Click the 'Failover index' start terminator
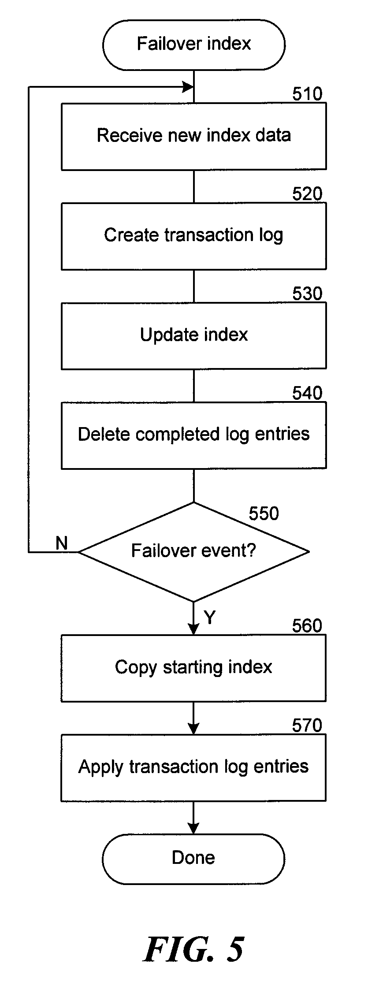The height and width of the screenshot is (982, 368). point(194,45)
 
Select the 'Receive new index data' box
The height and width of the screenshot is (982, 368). point(194,136)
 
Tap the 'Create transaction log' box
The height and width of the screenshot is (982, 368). point(194,236)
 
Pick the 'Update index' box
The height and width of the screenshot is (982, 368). point(194,335)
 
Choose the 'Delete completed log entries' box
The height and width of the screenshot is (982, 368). point(194,435)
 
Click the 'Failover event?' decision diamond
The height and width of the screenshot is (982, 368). point(194,551)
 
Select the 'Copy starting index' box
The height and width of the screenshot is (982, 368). point(194,668)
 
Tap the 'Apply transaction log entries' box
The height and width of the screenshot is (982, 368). point(194,767)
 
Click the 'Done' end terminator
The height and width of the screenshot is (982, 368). point(194,859)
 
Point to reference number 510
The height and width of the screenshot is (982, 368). point(308,94)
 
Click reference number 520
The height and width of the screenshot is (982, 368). point(308,194)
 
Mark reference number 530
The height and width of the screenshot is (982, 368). point(308,294)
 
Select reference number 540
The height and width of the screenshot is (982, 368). point(308,393)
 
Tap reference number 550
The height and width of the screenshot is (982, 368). point(264,513)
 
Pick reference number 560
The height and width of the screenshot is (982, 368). point(308,626)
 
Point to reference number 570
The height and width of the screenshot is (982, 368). point(308,725)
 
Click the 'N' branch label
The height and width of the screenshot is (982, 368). point(62,543)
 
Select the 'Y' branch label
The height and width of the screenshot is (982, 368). point(210,617)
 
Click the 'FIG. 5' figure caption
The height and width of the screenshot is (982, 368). point(193,949)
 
